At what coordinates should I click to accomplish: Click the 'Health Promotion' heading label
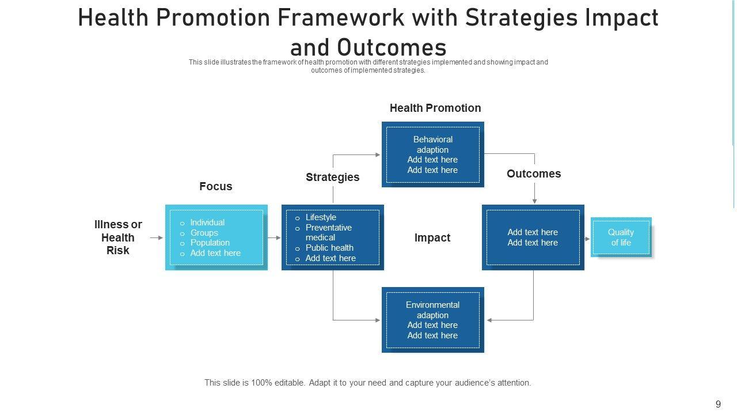(435, 108)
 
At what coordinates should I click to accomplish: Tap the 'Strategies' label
(332, 177)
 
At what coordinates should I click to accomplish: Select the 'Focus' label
(216, 186)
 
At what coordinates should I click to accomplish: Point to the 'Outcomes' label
(534, 173)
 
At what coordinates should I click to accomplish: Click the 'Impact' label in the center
(432, 237)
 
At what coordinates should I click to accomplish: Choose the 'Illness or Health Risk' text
(118, 237)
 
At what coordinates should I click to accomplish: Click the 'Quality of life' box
(621, 237)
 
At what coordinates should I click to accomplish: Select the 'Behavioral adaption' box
(433, 154)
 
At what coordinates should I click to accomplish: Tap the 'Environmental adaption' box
(433, 320)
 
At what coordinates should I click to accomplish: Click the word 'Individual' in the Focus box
(207, 222)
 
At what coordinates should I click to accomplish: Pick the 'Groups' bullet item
(204, 233)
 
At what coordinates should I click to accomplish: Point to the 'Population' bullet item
(210, 243)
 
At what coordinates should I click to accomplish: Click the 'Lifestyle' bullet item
(321, 217)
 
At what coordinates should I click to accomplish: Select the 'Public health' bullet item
(329, 248)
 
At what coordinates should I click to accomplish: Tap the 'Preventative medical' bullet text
(328, 232)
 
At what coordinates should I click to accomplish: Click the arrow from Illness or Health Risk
(156, 237)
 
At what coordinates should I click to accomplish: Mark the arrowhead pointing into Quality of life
(588, 239)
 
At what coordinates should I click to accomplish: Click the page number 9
(718, 404)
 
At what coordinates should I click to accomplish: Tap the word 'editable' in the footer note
(290, 383)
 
